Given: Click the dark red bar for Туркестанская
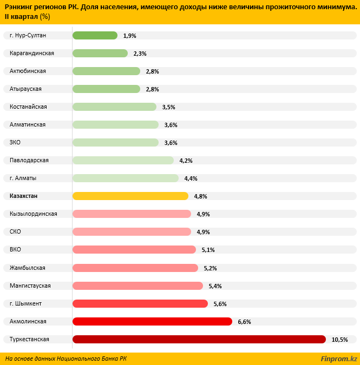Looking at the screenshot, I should tap(199, 339).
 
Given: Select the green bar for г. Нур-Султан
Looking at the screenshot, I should tap(95, 35).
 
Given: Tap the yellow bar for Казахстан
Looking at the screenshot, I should tap(130, 196).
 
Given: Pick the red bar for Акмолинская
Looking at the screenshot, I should tap(152, 321).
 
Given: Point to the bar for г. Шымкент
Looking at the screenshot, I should tap(140, 303).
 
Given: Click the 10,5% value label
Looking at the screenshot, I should tap(339, 340).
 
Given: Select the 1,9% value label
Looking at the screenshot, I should tap(129, 36).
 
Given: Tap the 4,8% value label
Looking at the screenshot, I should tap(200, 196).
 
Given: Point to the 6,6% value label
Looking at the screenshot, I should tap(244, 322).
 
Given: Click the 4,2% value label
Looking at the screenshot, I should tap(186, 161).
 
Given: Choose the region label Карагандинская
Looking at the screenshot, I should tap(31, 53).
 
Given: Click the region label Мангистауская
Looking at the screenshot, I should tap(30, 285).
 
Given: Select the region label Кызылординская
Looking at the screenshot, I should tap(33, 214).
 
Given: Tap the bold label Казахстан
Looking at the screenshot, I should tap(24, 196).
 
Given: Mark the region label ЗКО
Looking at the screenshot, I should tap(16, 142).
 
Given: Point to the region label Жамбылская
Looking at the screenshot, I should tap(28, 267).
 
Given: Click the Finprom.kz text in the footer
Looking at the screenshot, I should tap(339, 359).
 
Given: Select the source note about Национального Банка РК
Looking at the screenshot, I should tap(66, 359).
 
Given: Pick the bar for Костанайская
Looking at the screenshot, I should tap(114, 107).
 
